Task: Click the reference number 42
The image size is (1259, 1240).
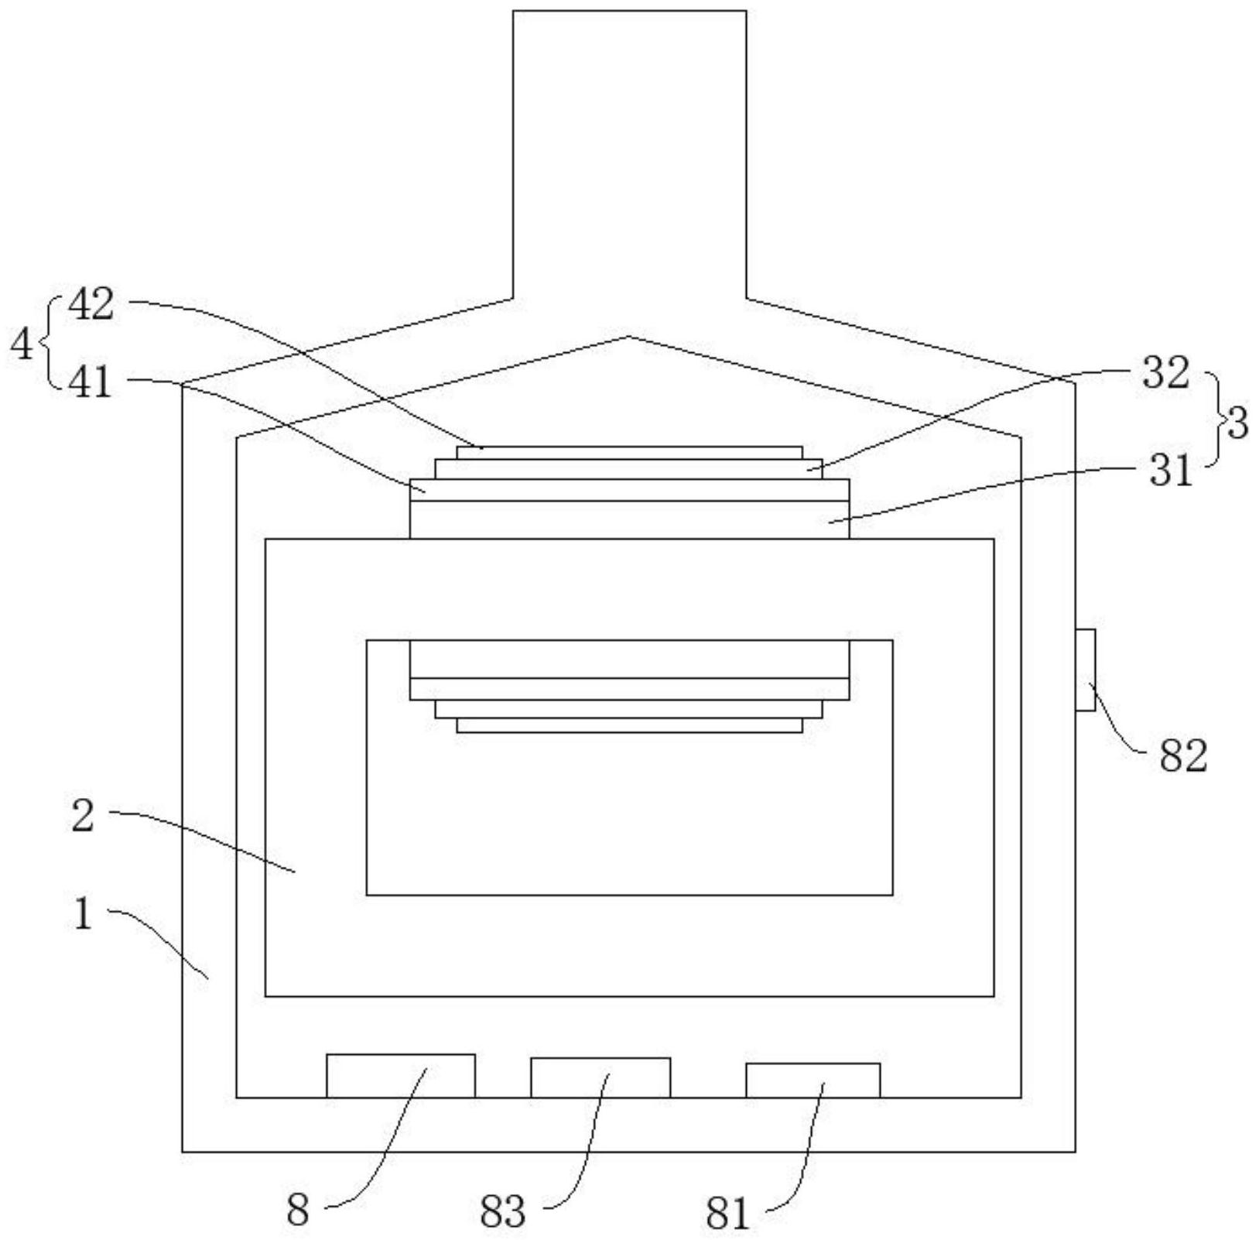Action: pyautogui.click(x=91, y=304)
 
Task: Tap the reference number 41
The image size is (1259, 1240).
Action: pyautogui.click(x=91, y=382)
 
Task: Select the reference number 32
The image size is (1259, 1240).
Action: pyautogui.click(x=1165, y=373)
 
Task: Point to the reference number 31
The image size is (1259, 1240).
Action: pyautogui.click(x=1171, y=471)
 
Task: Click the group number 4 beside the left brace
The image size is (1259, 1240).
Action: pyautogui.click(x=21, y=344)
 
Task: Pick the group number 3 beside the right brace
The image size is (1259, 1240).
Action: pyautogui.click(x=1237, y=423)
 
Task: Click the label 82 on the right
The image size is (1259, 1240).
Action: pyautogui.click(x=1183, y=755)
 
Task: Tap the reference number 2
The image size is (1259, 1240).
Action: pyautogui.click(x=83, y=816)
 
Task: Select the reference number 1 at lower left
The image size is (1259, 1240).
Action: pyautogui.click(x=83, y=914)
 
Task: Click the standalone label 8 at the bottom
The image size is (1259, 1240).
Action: pyautogui.click(x=298, y=1209)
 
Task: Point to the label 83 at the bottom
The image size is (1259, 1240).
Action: pyautogui.click(x=502, y=1211)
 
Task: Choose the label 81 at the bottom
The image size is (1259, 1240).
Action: pyautogui.click(x=727, y=1213)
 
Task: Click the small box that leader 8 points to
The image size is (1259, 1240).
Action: pyautogui.click(x=400, y=1076)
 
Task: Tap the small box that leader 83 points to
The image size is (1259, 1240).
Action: pyautogui.click(x=600, y=1077)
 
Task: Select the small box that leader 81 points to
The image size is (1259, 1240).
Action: pyautogui.click(x=813, y=1081)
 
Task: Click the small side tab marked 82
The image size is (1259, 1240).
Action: pyautogui.click(x=1085, y=670)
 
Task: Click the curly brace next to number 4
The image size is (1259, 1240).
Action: pyautogui.click(x=50, y=343)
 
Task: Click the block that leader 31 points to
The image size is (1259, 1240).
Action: pyautogui.click(x=629, y=519)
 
